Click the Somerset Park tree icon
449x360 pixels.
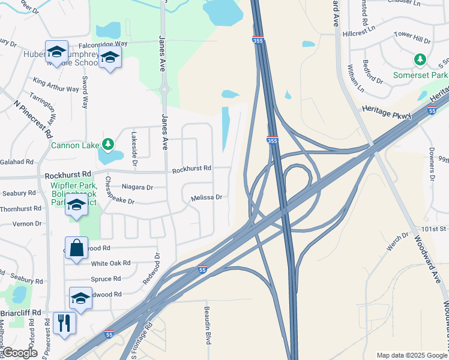(x=421, y=59)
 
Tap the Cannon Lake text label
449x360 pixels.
(x=74, y=145)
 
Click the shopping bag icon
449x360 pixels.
(x=77, y=248)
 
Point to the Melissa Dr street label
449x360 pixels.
(x=206, y=197)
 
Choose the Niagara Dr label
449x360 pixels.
(x=137, y=187)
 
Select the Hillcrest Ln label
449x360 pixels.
(x=358, y=31)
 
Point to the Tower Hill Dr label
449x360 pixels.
(x=412, y=38)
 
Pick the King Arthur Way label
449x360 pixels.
(x=56, y=85)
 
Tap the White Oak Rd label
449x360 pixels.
(x=110, y=263)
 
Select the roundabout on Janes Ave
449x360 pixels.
(x=164, y=91)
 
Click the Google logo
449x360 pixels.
(x=20, y=352)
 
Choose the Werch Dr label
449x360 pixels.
(x=397, y=242)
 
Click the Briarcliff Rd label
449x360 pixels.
(x=20, y=313)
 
